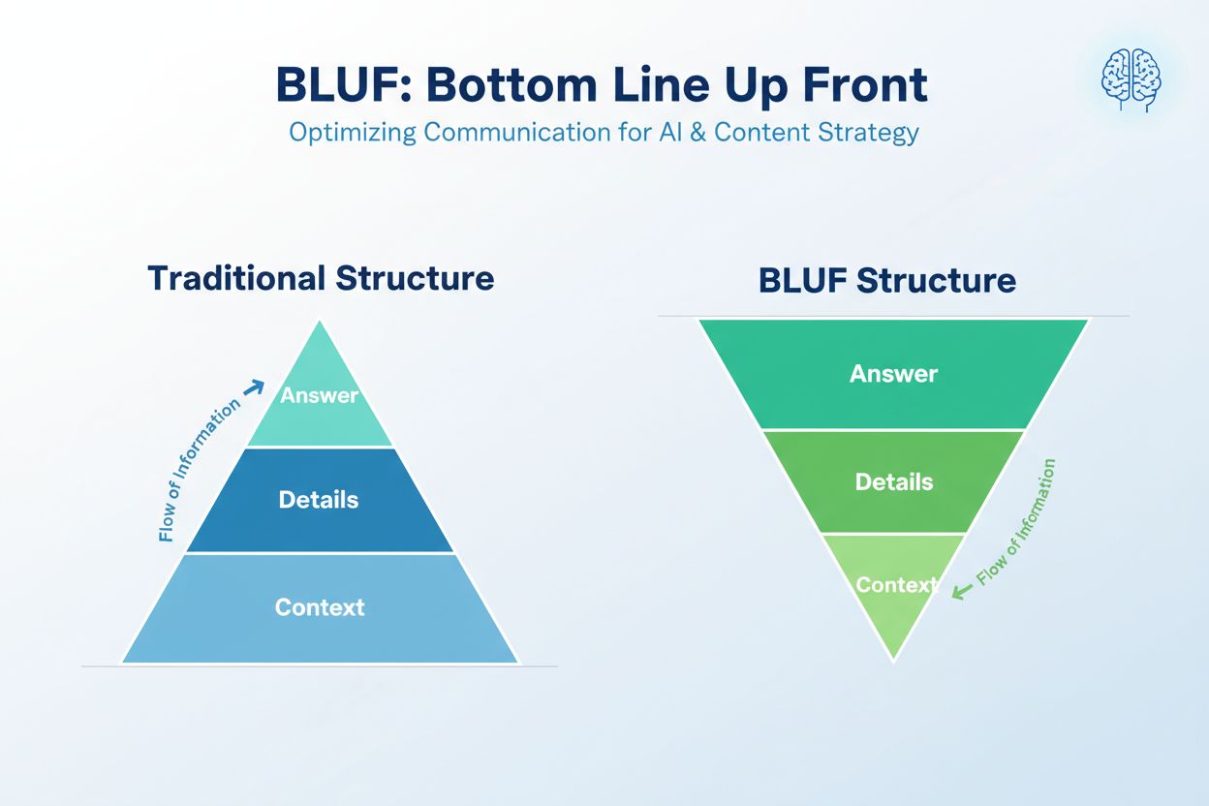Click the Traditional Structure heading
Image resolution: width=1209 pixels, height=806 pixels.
pos(321,278)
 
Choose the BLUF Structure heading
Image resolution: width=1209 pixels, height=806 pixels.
pos(887,281)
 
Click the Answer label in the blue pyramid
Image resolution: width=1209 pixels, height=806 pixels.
pos(319,395)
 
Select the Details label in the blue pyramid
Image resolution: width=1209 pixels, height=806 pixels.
pos(319,500)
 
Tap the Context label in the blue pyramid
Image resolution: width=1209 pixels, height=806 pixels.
pos(320,607)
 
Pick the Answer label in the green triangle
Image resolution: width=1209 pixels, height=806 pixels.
pos(893,374)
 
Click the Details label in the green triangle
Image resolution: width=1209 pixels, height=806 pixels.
pos(893,481)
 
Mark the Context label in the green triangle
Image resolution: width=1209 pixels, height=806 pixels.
pos(895,585)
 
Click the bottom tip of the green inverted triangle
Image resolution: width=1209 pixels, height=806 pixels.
pos(893,659)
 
